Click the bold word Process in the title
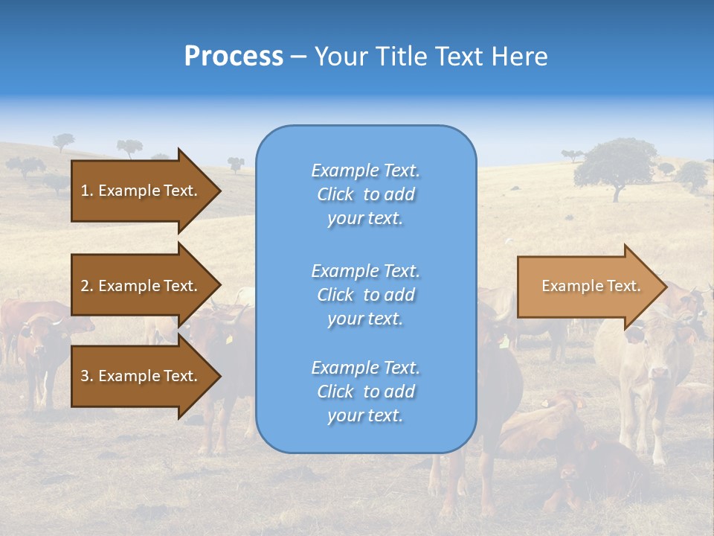point(234,57)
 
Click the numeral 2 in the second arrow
point(85,286)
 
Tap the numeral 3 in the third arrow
point(85,376)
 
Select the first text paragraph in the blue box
point(365,194)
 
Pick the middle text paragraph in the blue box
point(365,295)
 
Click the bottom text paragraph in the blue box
point(365,392)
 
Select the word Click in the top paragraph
point(335,194)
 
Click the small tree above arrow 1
point(129,147)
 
